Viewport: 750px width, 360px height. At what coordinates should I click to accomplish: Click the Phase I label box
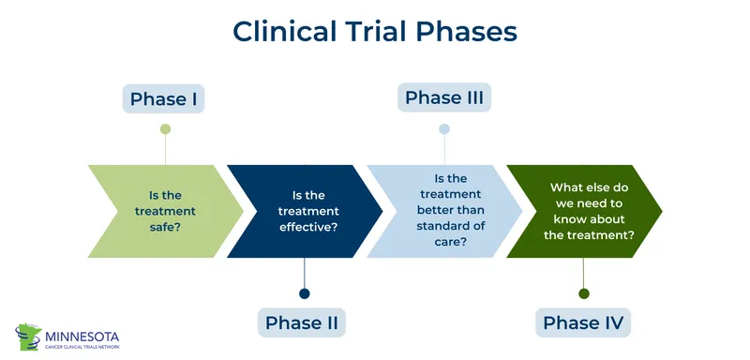click(165, 99)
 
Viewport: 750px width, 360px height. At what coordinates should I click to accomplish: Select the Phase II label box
click(302, 322)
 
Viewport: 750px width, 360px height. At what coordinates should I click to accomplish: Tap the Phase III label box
click(444, 97)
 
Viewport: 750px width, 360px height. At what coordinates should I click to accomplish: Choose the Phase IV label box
click(583, 322)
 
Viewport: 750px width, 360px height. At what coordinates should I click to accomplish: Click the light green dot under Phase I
click(165, 129)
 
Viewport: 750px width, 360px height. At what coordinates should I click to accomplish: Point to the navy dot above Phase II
click(302, 292)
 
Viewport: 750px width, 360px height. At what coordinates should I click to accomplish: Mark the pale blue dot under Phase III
click(444, 128)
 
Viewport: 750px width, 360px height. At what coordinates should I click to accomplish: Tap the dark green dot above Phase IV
click(583, 293)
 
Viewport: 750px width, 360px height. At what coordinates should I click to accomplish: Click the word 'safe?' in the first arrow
click(165, 228)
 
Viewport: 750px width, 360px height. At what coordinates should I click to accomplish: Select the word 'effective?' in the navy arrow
click(308, 228)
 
